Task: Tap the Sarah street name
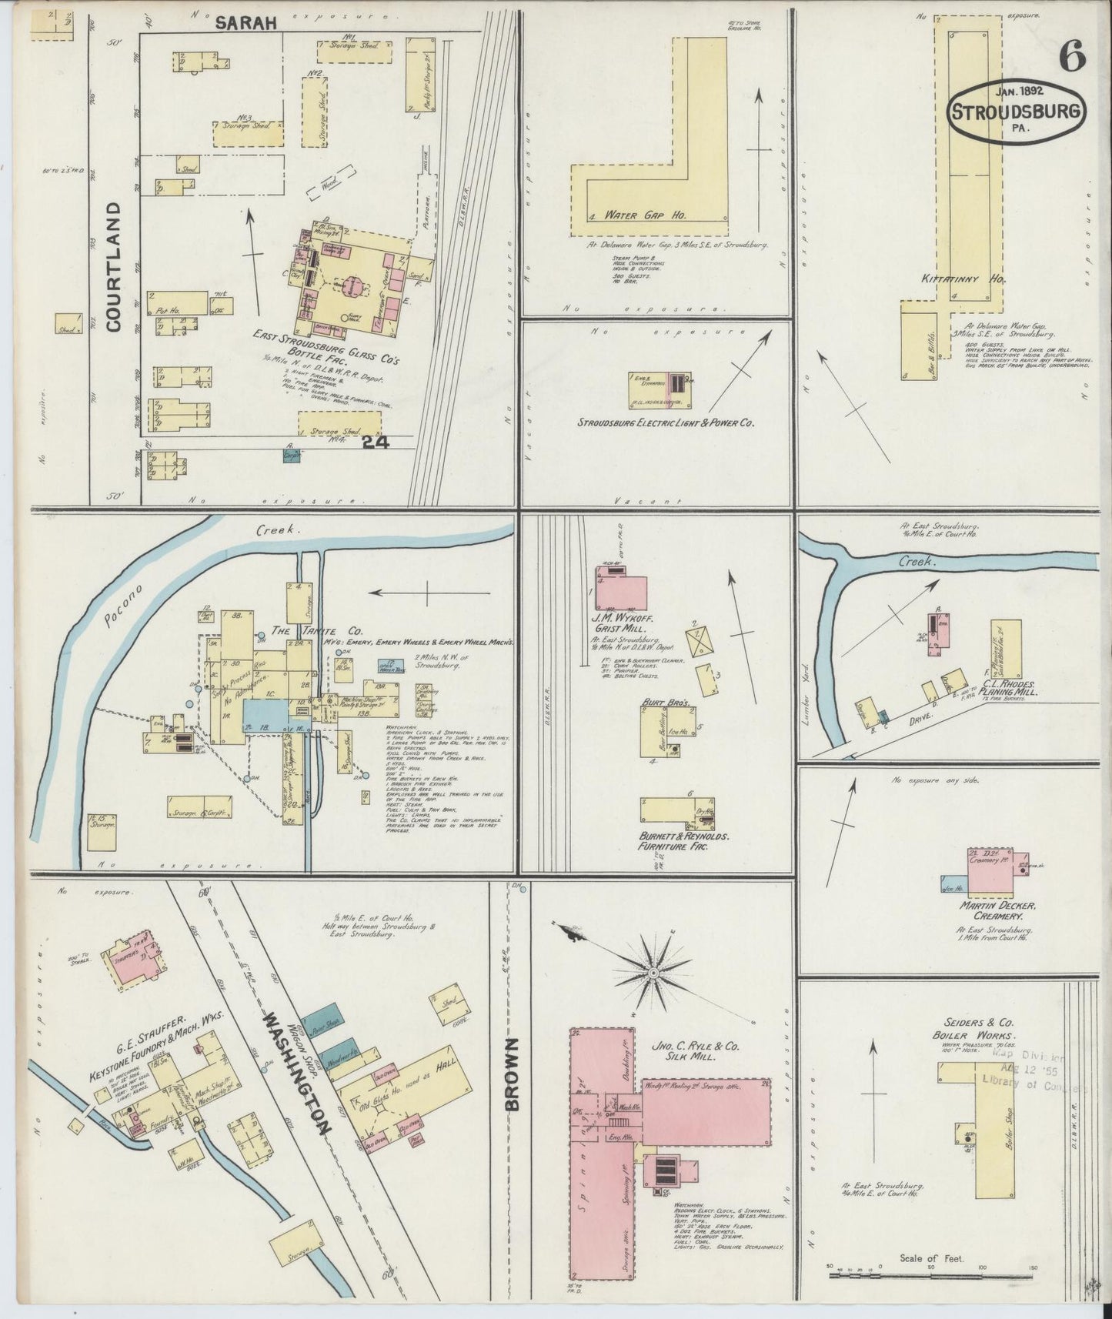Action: pyautogui.click(x=245, y=24)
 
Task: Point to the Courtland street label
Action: pyautogui.click(x=115, y=266)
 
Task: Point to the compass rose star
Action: pyautogui.click(x=653, y=973)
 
